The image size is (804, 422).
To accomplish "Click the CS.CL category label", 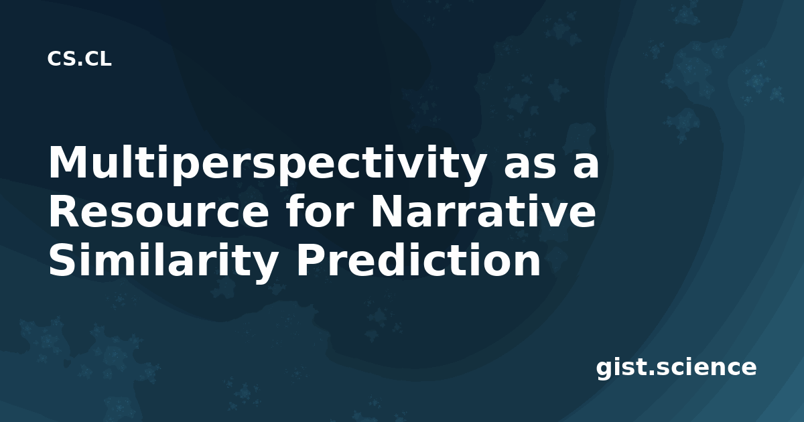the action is click(x=79, y=59).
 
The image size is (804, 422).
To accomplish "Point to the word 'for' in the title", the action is click(x=321, y=212).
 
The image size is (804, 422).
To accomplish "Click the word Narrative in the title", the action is click(x=483, y=212).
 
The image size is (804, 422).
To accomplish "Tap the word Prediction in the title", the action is click(x=418, y=259).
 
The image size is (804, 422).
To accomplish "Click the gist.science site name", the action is click(x=676, y=368).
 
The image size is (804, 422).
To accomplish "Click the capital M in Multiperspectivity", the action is click(x=68, y=162).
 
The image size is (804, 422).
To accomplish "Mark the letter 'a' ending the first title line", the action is click(x=586, y=167).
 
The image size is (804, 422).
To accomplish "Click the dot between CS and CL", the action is click(x=80, y=64).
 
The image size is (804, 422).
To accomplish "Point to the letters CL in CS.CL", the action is click(x=98, y=59).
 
